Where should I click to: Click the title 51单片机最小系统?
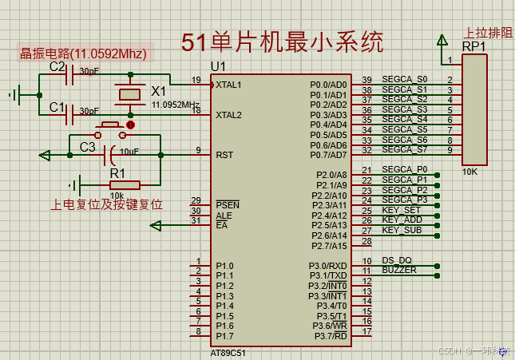pos(281,42)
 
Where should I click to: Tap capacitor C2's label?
pos(57,67)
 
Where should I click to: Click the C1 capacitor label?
pos(57,106)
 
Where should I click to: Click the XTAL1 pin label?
pos(228,84)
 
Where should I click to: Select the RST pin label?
pos(224,155)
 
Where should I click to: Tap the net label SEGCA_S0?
pos(405,79)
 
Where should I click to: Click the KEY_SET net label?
pos(402,210)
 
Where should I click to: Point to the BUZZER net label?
pos(399,271)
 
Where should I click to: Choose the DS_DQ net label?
pos(396,260)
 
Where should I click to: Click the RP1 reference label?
pos(474,46)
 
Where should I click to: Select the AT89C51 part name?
pos(229,352)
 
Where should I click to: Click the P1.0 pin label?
pos(224,266)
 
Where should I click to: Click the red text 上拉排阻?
pos(488,33)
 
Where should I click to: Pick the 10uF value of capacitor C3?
pos(129,151)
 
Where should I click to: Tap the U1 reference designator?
pos(218,65)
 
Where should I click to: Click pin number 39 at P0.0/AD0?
pos(366,80)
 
